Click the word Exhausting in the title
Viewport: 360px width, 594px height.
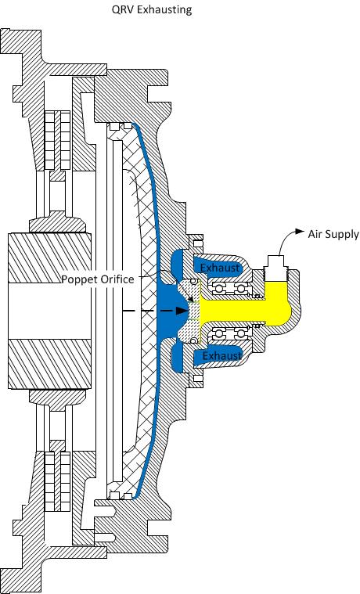164,9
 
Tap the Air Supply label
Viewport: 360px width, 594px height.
333,234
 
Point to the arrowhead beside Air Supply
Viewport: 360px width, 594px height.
300,231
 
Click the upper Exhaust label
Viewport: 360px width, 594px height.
220,268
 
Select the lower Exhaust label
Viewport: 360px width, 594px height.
221,356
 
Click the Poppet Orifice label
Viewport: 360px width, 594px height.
98,279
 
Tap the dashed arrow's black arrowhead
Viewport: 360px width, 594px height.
182,311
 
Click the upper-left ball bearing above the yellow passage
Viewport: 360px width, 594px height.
218,289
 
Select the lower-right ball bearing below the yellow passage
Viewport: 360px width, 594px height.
240,333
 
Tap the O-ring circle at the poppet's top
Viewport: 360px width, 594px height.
194,281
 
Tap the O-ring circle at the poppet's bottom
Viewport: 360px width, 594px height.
194,340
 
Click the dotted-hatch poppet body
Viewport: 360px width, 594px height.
189,311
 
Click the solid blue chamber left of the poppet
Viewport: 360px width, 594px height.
168,311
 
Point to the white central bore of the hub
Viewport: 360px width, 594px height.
49,311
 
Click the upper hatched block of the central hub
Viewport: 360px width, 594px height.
49,258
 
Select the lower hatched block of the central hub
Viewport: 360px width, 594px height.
49,364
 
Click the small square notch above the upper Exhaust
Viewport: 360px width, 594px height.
198,243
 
